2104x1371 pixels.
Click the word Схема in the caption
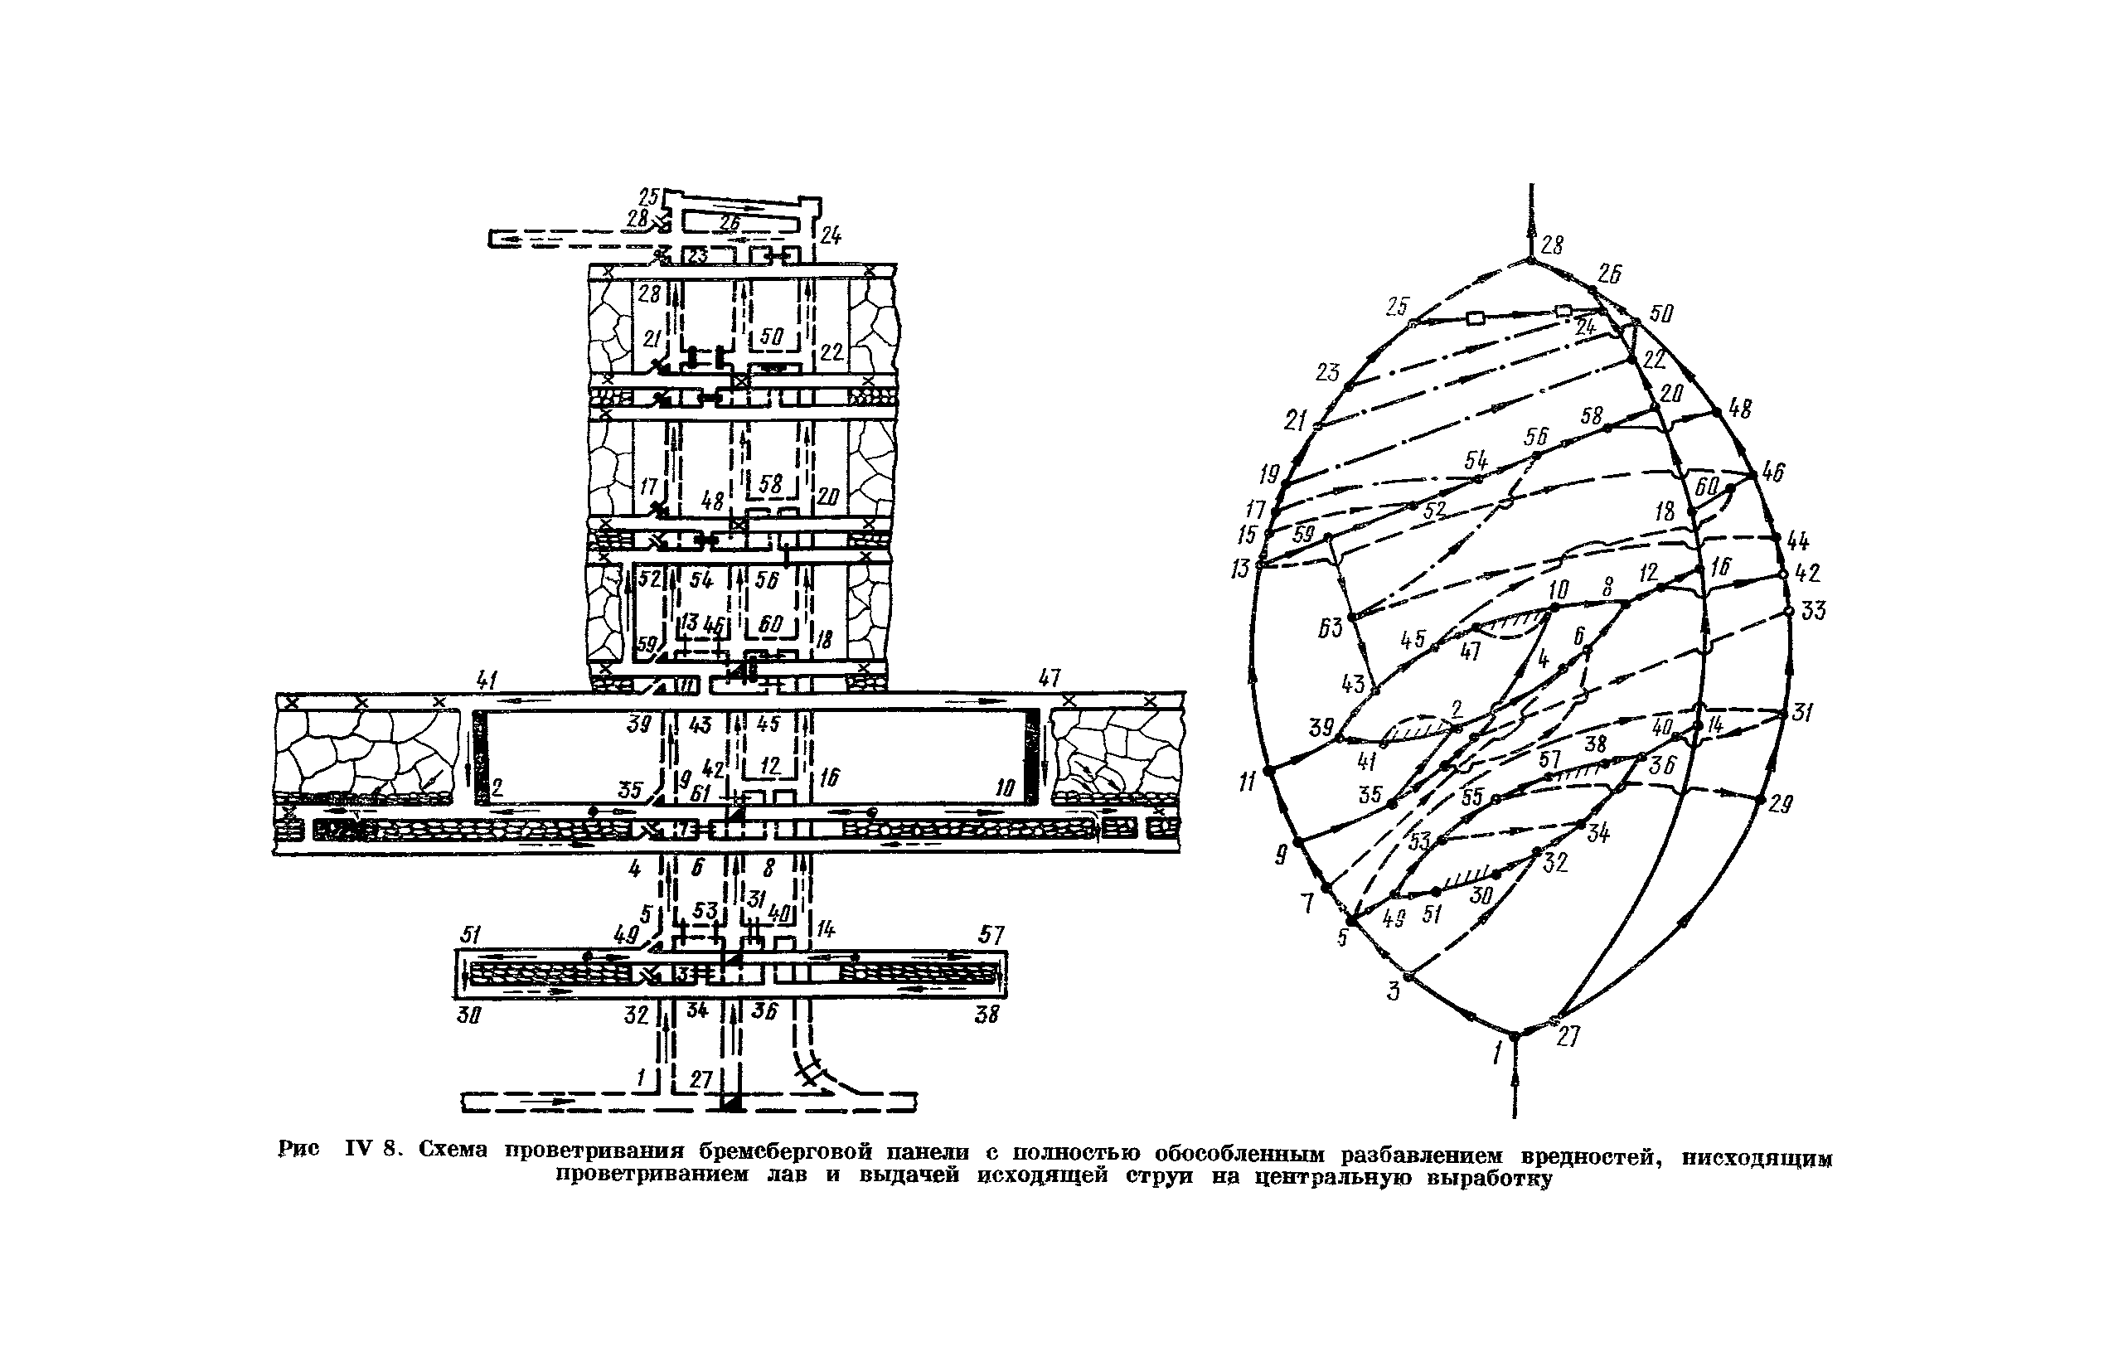[453, 1150]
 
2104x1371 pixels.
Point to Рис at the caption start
[298, 1149]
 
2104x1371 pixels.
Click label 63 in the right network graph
[1330, 627]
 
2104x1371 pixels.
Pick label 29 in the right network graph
[1781, 803]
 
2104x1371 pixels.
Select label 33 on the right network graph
[1812, 610]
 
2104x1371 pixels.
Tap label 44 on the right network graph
[1797, 541]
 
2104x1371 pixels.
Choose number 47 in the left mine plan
[1049, 679]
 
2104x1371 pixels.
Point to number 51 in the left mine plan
[471, 935]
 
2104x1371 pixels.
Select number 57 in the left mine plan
[991, 934]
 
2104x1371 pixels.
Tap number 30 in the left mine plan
[468, 1015]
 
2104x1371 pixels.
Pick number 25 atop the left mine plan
[650, 196]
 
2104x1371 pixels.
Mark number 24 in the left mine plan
[830, 235]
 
